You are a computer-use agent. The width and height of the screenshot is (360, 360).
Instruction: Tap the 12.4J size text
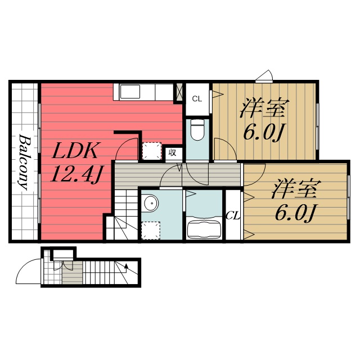pyautogui.click(x=75, y=175)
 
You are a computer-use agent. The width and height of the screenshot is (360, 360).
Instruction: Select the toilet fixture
pyautogui.click(x=197, y=130)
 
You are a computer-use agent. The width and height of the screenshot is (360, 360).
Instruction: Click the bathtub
pyautogui.click(x=204, y=229)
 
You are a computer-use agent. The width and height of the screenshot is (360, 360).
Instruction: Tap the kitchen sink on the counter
pyautogui.click(x=130, y=91)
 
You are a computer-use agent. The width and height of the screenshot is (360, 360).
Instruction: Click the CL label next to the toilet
pyautogui.click(x=196, y=99)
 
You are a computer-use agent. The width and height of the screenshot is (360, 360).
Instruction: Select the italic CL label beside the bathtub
pyautogui.click(x=233, y=215)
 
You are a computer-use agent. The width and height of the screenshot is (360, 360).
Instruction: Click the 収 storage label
pyautogui.click(x=173, y=152)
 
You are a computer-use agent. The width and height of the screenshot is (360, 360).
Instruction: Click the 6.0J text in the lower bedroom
pyautogui.click(x=296, y=212)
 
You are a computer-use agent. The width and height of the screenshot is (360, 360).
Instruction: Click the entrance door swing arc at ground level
pyautogui.click(x=28, y=270)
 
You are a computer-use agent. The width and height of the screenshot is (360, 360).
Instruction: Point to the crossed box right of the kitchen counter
pyautogui.click(x=179, y=92)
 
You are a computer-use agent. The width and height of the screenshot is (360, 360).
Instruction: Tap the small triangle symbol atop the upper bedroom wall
pyautogui.click(x=264, y=76)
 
